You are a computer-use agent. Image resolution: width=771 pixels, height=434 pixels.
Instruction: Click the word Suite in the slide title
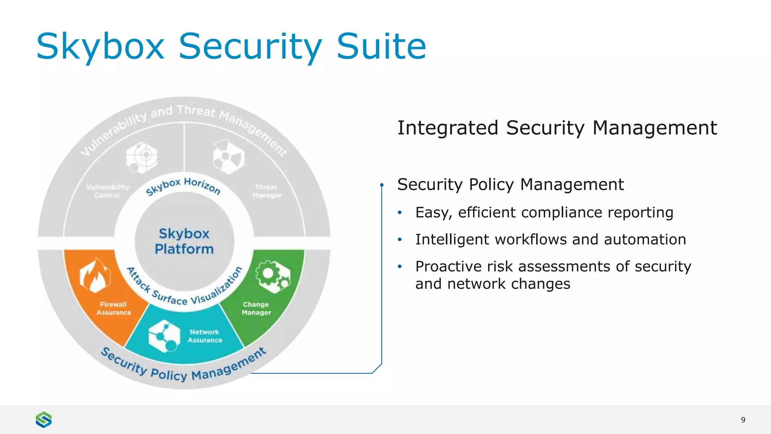click(381, 47)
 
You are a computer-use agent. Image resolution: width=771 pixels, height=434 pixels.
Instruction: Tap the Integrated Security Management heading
click(557, 128)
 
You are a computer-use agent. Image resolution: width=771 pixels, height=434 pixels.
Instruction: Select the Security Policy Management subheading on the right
click(510, 185)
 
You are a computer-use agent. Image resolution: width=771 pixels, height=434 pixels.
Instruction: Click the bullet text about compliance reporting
click(544, 212)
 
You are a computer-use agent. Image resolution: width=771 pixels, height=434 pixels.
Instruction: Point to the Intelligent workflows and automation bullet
click(550, 240)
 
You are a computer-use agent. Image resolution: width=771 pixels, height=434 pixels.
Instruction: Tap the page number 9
click(743, 420)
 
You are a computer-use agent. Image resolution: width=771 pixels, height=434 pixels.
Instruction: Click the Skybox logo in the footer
click(44, 420)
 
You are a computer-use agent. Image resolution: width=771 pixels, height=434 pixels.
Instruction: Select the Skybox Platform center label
click(184, 241)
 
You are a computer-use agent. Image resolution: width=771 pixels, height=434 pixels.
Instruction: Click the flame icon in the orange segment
click(95, 275)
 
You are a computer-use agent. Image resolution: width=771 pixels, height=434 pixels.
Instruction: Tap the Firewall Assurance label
click(114, 309)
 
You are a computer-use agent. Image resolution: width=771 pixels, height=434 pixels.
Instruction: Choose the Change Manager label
click(256, 309)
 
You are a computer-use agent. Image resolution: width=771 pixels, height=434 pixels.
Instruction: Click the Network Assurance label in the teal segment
click(205, 336)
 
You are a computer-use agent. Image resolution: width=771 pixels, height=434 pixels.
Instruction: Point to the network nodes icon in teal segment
click(163, 336)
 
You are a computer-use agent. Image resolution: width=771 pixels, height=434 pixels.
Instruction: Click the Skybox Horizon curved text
click(183, 186)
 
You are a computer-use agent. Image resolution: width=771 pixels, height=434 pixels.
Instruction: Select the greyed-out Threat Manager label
click(267, 191)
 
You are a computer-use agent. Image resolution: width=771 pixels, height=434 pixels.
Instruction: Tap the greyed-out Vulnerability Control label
click(107, 191)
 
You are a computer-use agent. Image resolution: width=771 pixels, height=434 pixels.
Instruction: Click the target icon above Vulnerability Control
click(142, 157)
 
